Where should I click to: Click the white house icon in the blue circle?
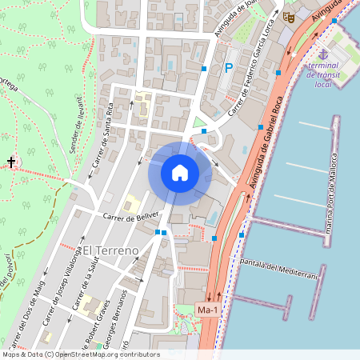point(180,172)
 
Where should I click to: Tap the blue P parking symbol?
point(229,70)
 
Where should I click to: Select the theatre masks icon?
point(289,16)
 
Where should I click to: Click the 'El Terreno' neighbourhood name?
point(111,250)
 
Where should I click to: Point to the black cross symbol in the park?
point(11,162)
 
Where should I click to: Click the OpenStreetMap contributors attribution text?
point(81,354)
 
